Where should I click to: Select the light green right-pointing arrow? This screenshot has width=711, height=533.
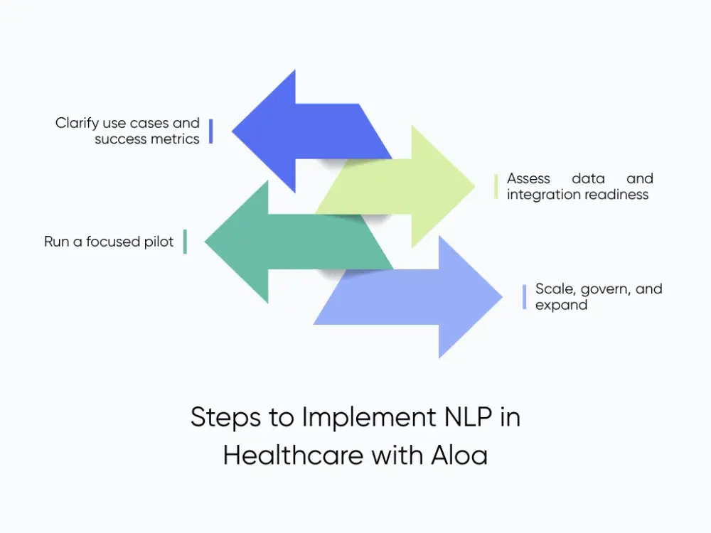click(419, 186)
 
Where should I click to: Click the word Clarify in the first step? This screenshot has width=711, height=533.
click(75, 124)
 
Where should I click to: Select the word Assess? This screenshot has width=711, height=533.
click(528, 178)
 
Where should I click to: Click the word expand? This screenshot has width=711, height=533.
click(561, 306)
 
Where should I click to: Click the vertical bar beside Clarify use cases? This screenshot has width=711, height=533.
click(210, 131)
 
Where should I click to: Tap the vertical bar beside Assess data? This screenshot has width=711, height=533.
click(496, 186)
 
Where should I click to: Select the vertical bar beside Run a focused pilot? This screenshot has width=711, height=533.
click(185, 242)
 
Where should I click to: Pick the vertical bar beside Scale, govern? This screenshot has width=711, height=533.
click(524, 297)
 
